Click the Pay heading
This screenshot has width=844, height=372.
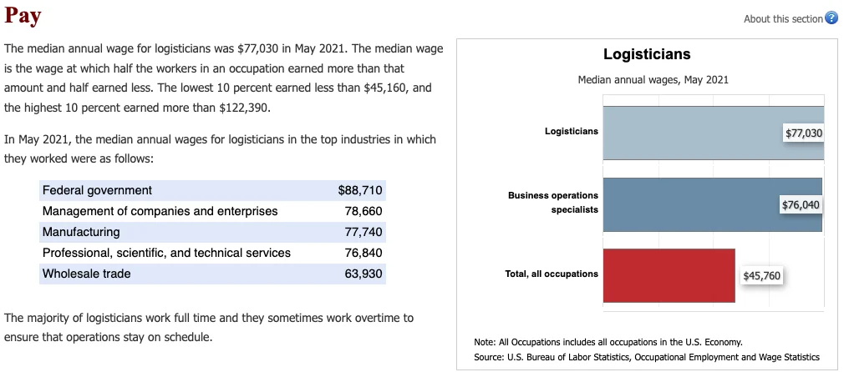23,16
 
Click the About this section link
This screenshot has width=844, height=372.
783,19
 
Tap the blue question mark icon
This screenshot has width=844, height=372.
831,19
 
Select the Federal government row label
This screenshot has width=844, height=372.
97,190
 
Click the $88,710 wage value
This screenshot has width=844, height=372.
360,190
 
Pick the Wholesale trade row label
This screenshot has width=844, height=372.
87,274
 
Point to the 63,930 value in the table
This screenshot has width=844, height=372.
364,274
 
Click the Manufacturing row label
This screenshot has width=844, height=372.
81,232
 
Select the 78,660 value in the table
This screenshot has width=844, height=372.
364,211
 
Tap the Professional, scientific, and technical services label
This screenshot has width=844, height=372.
166,253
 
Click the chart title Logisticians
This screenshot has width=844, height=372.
647,54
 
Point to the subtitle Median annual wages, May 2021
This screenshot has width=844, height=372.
653,80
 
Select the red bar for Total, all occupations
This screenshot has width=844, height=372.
669,275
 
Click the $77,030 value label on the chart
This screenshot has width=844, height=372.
804,133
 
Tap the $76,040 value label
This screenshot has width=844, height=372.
801,205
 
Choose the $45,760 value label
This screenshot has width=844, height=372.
762,276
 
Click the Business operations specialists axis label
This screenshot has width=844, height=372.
553,203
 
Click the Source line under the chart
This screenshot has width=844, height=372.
646,357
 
